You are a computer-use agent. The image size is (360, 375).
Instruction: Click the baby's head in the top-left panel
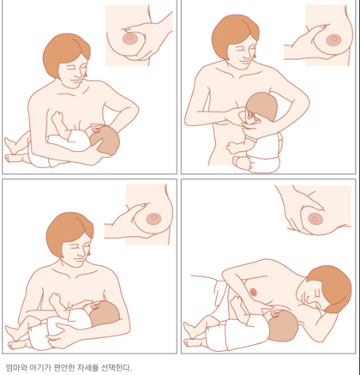click(105, 141)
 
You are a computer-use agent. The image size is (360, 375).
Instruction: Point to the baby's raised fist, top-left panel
click(57, 117)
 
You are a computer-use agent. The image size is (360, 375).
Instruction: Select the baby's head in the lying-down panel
click(282, 326)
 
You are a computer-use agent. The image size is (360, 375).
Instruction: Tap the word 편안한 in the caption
click(64, 367)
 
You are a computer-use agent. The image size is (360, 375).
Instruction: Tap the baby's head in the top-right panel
click(262, 106)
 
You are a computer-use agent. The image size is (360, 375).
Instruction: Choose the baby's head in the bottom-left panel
click(105, 315)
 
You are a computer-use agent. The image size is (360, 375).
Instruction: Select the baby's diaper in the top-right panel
click(264, 164)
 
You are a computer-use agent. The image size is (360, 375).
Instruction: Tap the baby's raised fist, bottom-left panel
click(55, 299)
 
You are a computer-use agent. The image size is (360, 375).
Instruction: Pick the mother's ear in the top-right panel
click(254, 55)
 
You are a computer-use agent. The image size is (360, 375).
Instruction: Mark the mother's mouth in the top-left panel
click(75, 81)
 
